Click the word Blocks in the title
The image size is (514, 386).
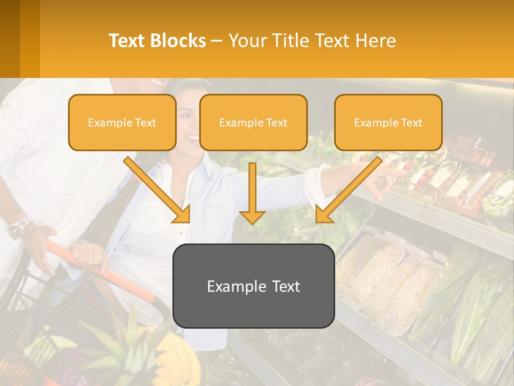tap(179, 41)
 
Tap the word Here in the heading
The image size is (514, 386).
tap(375, 41)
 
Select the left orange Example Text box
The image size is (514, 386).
tap(122, 123)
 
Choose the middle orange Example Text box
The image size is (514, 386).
tap(253, 123)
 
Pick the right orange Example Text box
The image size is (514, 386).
tap(388, 123)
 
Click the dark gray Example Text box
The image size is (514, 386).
tap(253, 286)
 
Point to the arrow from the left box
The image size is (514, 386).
tap(158, 190)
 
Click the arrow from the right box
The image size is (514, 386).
tap(348, 190)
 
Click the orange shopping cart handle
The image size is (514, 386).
tap(102, 273)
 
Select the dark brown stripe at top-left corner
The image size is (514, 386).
tap(10, 39)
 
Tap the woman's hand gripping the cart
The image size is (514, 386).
tap(88, 256)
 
